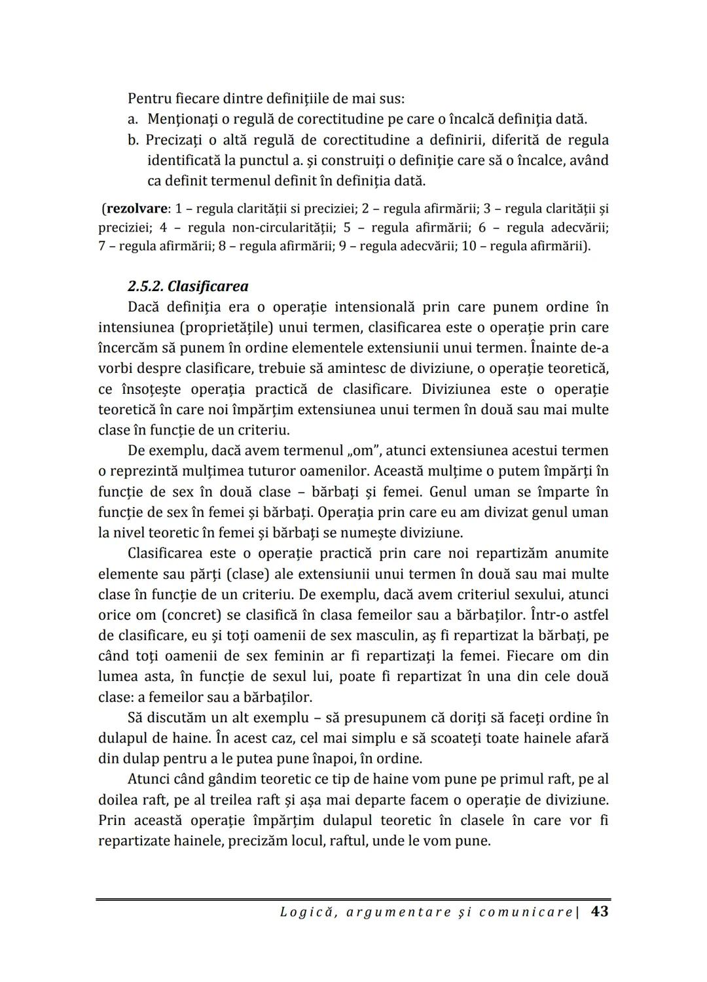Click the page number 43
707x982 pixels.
coord(599,911)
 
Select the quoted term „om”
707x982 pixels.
coord(361,450)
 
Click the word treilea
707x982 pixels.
coord(227,799)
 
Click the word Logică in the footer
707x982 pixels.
coord(303,912)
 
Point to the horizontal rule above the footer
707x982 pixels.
coord(353,900)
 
